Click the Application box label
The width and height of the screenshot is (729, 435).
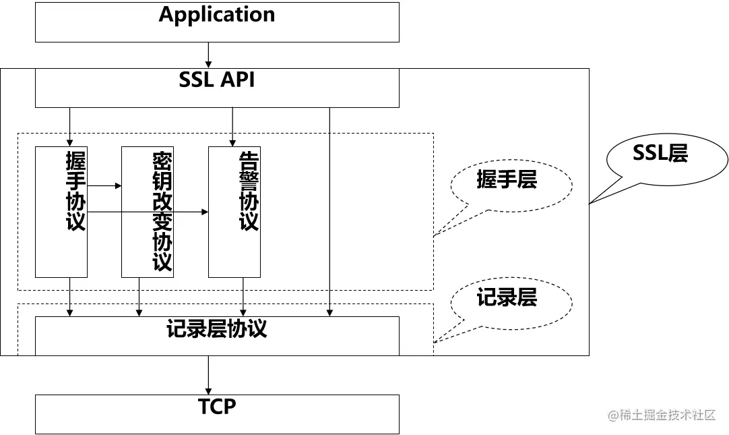(x=217, y=15)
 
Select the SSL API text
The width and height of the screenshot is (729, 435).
(x=217, y=80)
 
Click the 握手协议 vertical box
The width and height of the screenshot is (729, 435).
(x=61, y=211)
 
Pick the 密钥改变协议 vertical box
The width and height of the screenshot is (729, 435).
(x=147, y=211)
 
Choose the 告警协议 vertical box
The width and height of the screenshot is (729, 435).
(x=234, y=211)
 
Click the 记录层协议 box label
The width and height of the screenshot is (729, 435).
(x=217, y=329)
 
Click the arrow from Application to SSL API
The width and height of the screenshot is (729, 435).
(x=209, y=55)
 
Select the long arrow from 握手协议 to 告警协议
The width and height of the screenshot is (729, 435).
(x=148, y=212)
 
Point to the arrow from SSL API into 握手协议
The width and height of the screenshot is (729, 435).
(x=69, y=126)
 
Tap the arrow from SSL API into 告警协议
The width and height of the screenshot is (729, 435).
(x=232, y=126)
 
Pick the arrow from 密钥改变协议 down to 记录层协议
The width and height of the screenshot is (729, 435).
(x=139, y=297)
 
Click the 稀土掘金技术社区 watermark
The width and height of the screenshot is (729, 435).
(x=662, y=415)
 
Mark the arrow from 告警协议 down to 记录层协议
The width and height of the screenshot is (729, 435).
(x=243, y=297)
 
